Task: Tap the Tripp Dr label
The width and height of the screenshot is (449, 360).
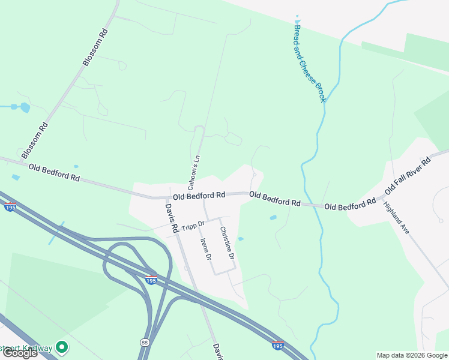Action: pyautogui.click(x=193, y=226)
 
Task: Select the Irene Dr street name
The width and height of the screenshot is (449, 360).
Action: pyautogui.click(x=205, y=248)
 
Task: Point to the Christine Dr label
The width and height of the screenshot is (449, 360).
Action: pyautogui.click(x=226, y=246)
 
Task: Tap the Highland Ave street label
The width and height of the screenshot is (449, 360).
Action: pyautogui.click(x=396, y=217)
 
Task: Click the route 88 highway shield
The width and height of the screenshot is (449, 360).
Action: pyautogui.click(x=145, y=342)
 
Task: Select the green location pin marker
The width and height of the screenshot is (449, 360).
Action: pyautogui.click(x=61, y=347)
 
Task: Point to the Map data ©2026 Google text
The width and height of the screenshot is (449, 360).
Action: pyautogui.click(x=412, y=355)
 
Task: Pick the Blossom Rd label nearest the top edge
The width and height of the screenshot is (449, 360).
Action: pyautogui.click(x=95, y=47)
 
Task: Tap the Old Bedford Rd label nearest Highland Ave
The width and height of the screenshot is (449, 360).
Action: pyautogui.click(x=350, y=205)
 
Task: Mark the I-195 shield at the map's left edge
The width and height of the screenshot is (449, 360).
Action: pyautogui.click(x=10, y=207)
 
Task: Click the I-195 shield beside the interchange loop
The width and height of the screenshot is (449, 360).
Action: pyautogui.click(x=151, y=280)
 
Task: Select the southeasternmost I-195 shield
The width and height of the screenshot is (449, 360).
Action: pyautogui.click(x=277, y=345)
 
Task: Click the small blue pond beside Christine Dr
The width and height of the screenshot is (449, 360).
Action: pyautogui.click(x=240, y=239)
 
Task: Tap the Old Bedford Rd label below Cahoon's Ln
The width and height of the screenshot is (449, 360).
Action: pyautogui.click(x=199, y=196)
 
